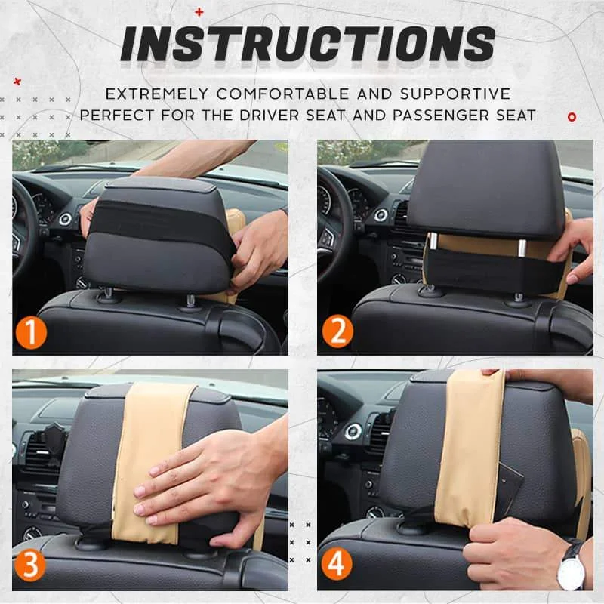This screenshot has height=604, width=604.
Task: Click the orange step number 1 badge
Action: [31, 333]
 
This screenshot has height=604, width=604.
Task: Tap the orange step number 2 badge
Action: [336, 333]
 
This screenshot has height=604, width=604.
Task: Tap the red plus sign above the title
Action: [199, 12]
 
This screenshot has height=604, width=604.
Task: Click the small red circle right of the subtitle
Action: [572, 116]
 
